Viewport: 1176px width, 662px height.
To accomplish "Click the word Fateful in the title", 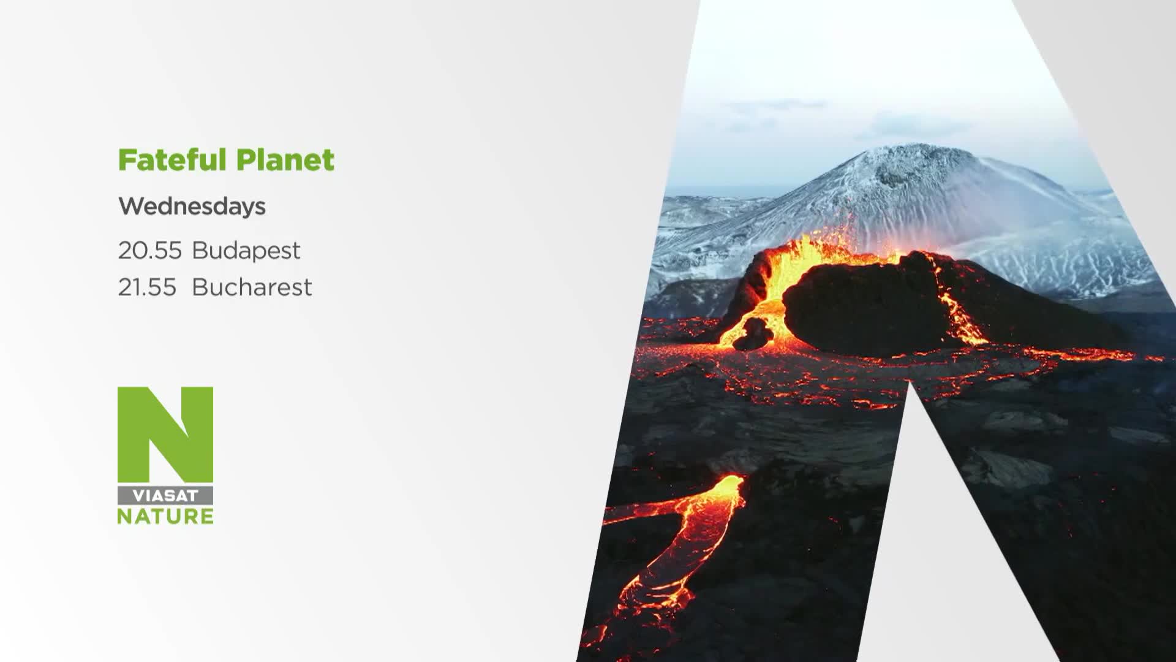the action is (172, 159).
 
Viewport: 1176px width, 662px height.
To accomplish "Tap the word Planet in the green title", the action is (285, 161).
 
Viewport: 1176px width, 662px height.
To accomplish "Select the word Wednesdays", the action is (192, 207).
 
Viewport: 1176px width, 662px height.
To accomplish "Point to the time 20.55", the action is (150, 250).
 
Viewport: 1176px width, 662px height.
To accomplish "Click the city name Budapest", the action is (246, 251).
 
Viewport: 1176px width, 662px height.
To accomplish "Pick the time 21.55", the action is (147, 287).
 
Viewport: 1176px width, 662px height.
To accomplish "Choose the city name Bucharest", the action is (252, 287).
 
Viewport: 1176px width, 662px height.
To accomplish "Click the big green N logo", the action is (165, 435).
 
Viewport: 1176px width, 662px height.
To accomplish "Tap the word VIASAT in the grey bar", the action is (165, 496).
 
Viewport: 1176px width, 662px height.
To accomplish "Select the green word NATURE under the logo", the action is (165, 516).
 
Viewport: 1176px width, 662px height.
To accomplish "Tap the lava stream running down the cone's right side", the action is (962, 313).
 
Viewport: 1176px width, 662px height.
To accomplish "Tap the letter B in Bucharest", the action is (200, 287).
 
